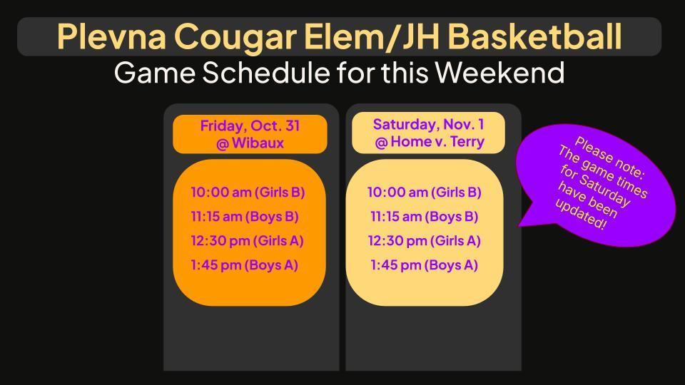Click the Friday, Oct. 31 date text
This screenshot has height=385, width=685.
click(x=250, y=126)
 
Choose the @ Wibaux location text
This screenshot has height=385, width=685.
click(x=250, y=143)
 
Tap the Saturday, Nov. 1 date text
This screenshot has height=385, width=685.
click(x=428, y=124)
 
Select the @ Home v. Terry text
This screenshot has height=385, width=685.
click(x=429, y=142)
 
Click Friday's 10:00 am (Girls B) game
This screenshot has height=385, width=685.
click(x=248, y=192)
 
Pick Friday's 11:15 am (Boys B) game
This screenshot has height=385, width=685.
click(x=244, y=216)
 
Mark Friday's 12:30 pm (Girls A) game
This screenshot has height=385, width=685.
click(x=247, y=240)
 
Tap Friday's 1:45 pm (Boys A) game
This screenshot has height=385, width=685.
click(x=244, y=265)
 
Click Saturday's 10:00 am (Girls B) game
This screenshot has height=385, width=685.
click(x=425, y=192)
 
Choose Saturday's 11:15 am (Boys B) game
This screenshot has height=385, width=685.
click(x=424, y=216)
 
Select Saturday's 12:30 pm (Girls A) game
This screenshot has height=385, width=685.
click(x=425, y=240)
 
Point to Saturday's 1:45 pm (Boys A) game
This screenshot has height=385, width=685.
click(x=424, y=265)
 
